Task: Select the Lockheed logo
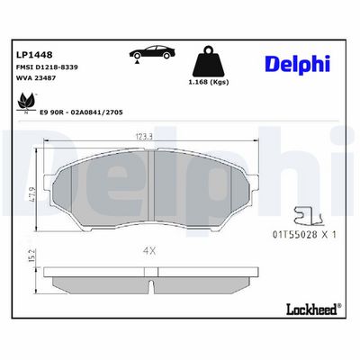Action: [x=310, y=309]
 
